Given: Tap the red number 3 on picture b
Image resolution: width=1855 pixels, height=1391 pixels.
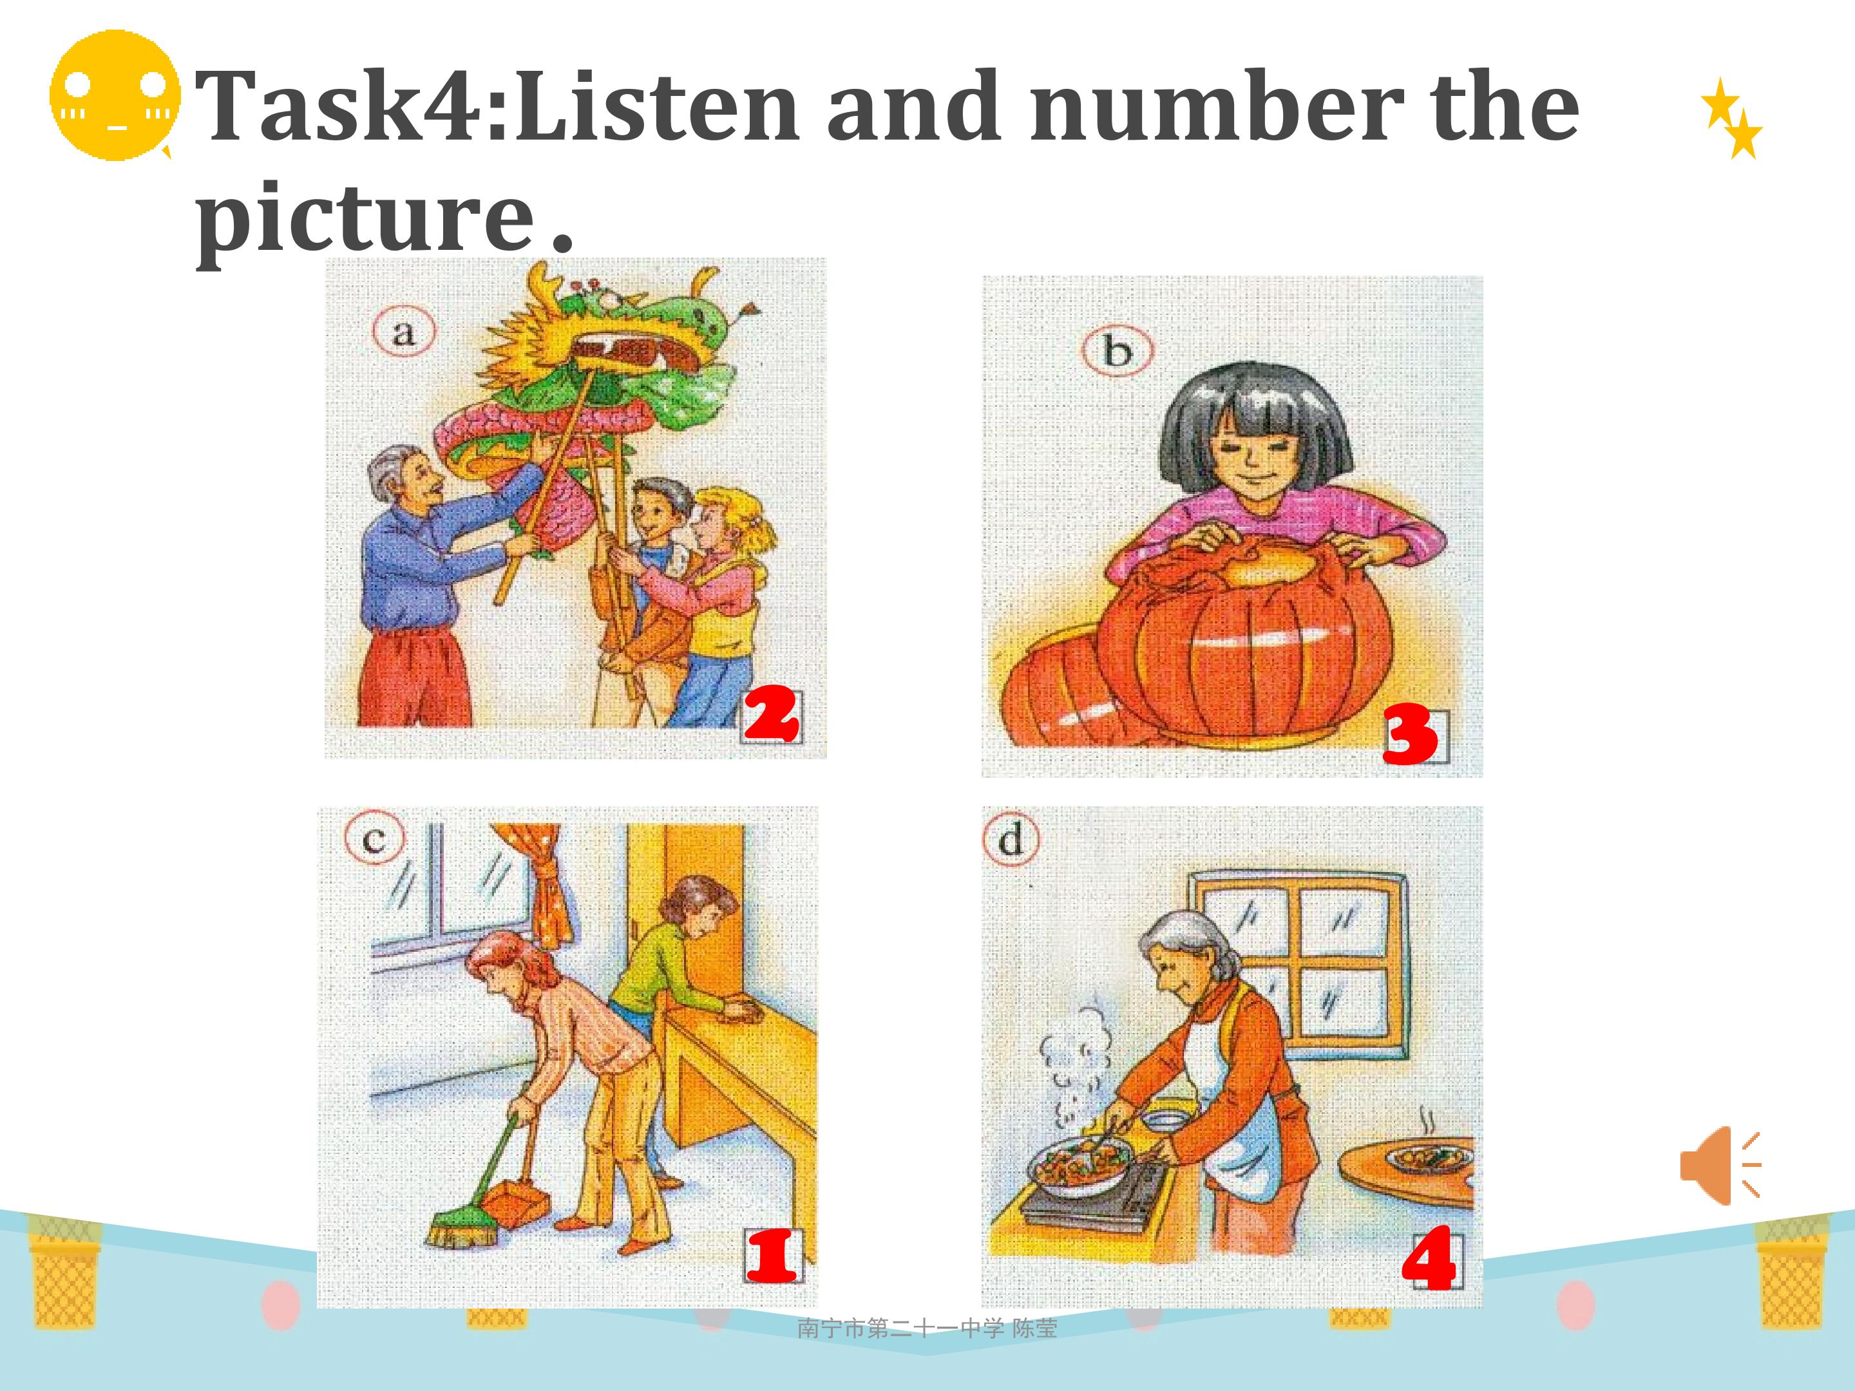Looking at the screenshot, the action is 1410,735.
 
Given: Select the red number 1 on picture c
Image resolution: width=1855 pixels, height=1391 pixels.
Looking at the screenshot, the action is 772,1256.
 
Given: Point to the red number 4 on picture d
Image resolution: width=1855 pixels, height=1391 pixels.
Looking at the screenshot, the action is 1428,1258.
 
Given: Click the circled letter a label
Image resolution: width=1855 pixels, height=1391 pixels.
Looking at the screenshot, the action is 404,333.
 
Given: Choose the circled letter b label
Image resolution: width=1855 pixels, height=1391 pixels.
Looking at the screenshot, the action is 1117,350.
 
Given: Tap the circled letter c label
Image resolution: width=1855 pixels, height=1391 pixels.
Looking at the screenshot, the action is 374,838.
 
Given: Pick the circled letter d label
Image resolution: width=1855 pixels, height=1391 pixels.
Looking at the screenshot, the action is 1011,839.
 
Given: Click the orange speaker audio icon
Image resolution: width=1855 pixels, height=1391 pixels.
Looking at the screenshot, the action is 1719,1166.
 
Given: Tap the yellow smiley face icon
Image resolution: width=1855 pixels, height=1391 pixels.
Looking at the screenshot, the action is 115,95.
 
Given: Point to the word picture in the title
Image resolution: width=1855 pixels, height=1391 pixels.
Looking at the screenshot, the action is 366,220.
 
